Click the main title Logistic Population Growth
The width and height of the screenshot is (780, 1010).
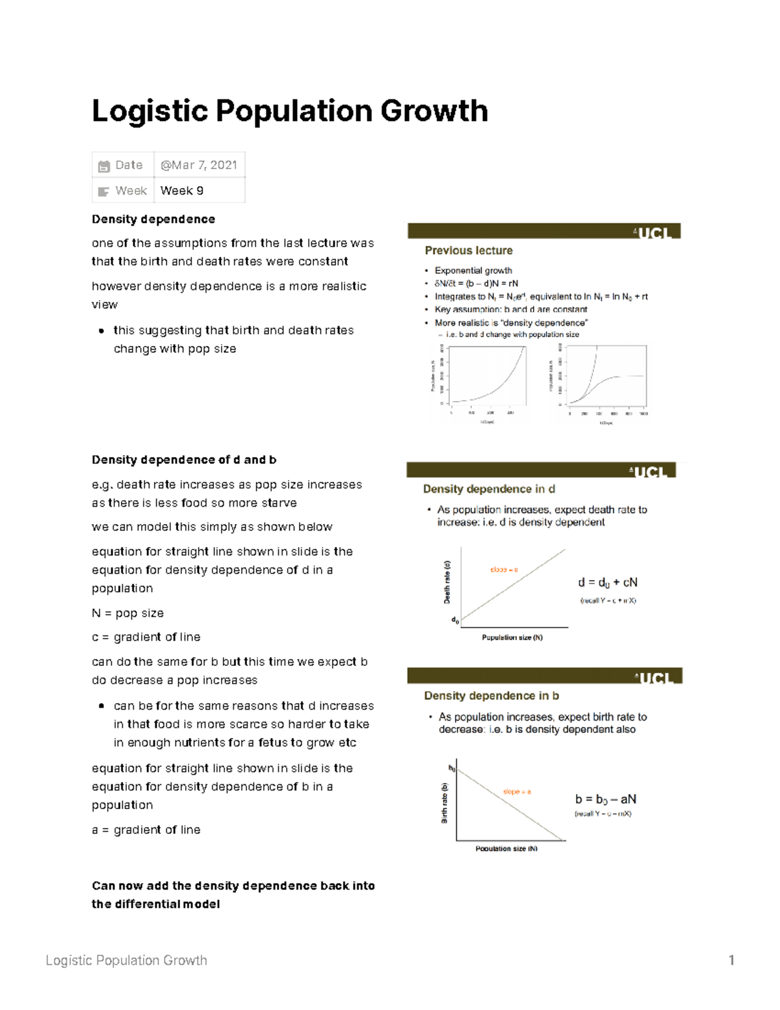tap(290, 111)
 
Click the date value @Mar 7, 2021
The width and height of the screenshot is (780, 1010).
tap(199, 165)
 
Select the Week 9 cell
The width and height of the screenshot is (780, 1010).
tap(182, 191)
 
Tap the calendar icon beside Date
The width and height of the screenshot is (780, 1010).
tap(103, 166)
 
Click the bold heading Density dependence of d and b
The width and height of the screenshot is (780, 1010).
tap(184, 460)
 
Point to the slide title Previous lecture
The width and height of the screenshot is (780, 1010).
tap(469, 250)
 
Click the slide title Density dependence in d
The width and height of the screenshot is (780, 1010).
tap(489, 489)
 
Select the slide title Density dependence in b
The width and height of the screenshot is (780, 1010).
tap(491, 696)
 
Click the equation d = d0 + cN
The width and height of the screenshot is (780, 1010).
tap(608, 583)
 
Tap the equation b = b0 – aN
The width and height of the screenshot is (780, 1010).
tap(605, 799)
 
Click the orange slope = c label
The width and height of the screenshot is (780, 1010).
tap(504, 570)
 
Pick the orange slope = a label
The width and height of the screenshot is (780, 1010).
tap(517, 791)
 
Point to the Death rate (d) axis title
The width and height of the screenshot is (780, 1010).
tap(447, 582)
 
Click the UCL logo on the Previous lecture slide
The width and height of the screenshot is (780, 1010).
tap(656, 232)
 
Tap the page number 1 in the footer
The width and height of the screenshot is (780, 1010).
tap(731, 961)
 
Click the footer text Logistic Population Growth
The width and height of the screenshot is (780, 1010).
tap(126, 961)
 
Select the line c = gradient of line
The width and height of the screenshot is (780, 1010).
tap(146, 637)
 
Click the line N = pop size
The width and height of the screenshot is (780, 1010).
tap(128, 613)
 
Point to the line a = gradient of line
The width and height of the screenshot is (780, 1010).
tap(146, 830)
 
